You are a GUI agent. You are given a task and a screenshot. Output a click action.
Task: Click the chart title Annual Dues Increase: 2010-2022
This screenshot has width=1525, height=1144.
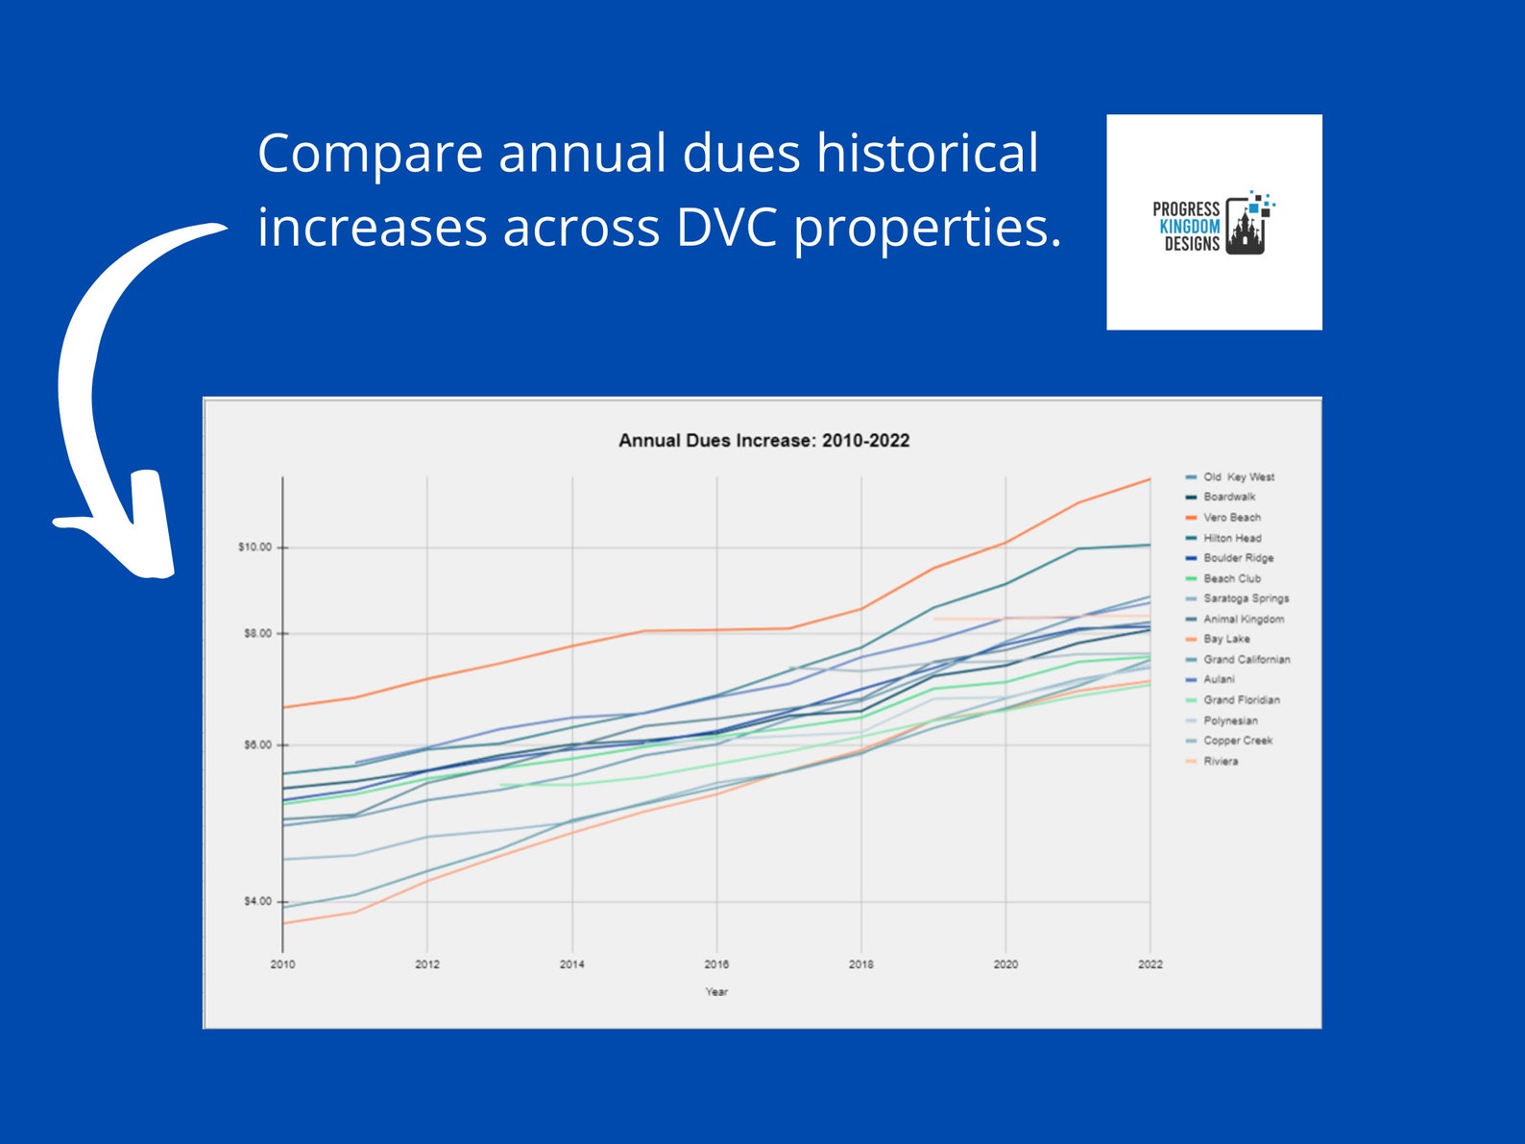pos(763,441)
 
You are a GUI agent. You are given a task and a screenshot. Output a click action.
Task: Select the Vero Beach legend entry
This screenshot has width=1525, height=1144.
pos(1232,518)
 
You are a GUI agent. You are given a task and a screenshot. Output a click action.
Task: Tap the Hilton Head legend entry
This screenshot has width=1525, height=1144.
pos(1232,539)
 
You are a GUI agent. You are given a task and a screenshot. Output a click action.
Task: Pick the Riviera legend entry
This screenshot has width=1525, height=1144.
pos(1221,762)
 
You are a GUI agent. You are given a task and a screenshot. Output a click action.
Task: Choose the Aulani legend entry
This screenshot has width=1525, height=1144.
pos(1219,679)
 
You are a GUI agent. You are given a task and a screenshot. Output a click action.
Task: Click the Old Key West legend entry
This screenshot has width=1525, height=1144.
pos(1239,477)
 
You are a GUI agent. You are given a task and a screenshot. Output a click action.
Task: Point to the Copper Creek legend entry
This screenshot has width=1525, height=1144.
pos(1238,741)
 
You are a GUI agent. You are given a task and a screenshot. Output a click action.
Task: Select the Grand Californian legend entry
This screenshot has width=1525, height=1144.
pos(1247,660)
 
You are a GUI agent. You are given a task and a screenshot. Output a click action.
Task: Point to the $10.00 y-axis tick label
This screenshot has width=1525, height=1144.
pos(254,548)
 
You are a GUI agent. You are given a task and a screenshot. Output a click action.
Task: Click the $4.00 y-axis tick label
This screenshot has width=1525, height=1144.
pos(257,902)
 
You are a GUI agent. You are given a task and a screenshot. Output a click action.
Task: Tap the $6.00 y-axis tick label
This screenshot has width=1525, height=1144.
pos(257,745)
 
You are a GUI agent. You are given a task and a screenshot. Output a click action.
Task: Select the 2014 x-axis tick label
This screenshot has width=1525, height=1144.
pos(572,964)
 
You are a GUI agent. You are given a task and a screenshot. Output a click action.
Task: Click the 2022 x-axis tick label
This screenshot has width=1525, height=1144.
pos(1150,964)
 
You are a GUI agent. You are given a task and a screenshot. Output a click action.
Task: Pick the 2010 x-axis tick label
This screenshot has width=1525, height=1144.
pos(282,964)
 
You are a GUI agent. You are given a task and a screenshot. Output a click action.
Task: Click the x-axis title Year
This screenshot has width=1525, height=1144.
pos(716,992)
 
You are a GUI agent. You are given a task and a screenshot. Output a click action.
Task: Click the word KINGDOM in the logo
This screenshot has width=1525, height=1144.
pos(1189,227)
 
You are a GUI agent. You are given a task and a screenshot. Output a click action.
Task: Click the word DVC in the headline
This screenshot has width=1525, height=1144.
pos(725,229)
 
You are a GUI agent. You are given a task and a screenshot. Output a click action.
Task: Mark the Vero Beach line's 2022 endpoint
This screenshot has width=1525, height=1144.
pos(1150,479)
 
